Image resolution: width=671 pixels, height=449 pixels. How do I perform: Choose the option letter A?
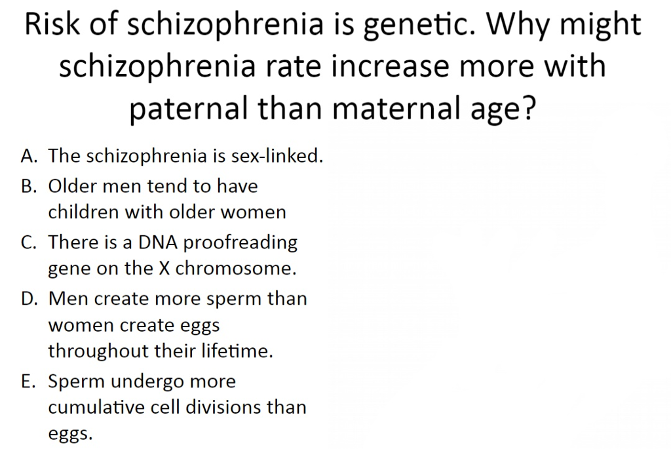point(28,156)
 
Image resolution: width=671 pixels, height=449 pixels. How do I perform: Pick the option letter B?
point(28,186)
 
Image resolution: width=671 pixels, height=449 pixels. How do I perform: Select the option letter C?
point(28,243)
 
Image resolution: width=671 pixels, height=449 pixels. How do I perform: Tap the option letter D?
point(28,299)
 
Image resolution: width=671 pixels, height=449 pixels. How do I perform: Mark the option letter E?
point(27,381)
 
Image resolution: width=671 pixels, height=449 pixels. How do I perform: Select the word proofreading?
point(240,243)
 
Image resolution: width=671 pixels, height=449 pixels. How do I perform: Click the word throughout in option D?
point(98,351)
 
